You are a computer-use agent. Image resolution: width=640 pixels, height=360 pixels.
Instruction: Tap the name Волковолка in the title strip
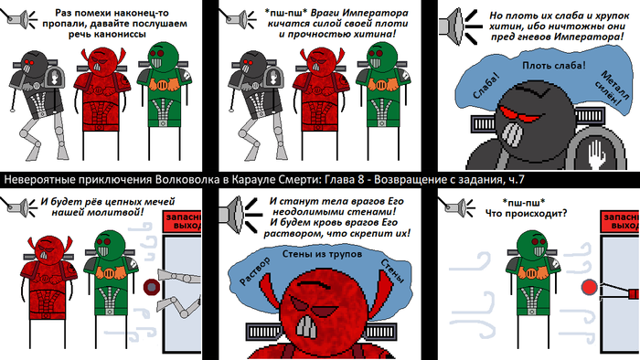tap(191, 179)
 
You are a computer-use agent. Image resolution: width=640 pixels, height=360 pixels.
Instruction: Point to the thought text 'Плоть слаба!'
tap(554, 65)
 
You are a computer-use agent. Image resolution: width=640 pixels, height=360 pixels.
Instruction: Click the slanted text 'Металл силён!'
tap(612, 88)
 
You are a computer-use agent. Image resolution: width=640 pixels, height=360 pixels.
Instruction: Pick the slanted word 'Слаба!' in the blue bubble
tap(486, 86)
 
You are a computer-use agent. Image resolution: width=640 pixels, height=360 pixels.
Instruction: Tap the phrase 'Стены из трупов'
tap(322, 254)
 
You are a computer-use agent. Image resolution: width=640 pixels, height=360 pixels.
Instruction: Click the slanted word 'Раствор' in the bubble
tap(255, 270)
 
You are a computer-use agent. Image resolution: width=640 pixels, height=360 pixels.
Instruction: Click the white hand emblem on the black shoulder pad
tap(597, 154)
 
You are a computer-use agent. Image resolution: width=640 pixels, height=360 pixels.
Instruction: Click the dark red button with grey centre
tap(152, 288)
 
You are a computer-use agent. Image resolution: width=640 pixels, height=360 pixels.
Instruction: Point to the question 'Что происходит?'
tap(526, 213)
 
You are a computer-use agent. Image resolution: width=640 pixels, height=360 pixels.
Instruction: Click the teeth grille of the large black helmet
tap(510, 134)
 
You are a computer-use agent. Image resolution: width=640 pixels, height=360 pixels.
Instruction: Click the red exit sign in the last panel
tap(621, 222)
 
